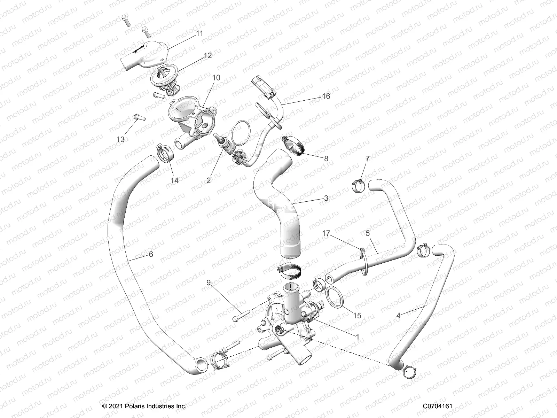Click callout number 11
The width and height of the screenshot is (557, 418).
point(199,33)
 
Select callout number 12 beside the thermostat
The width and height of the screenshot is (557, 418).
point(208,55)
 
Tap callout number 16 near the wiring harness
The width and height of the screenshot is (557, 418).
point(326,96)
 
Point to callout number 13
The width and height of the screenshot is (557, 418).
point(120,139)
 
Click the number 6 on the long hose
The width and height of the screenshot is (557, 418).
point(151,254)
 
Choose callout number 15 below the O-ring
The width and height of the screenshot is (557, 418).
point(357,316)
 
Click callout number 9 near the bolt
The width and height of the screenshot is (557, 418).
point(209,282)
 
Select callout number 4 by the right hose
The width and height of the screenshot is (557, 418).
point(398,316)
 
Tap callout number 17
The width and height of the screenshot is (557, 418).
point(326,234)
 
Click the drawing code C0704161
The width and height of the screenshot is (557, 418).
point(438,406)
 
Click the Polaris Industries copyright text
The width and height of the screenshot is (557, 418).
point(144,406)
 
